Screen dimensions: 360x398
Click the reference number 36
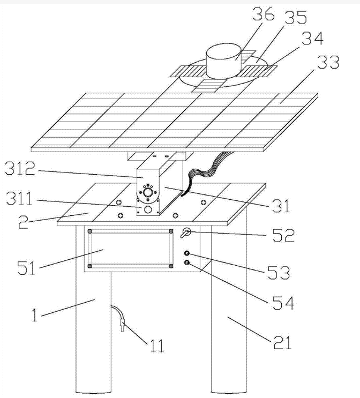click(263, 14)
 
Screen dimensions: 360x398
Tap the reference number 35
click(296, 17)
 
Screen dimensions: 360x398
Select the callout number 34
click(312, 39)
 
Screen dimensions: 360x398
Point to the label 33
click(328, 62)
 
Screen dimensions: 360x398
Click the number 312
click(20, 168)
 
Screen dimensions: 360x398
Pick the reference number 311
click(20, 198)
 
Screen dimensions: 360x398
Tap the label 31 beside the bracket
click(281, 206)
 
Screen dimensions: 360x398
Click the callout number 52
click(283, 235)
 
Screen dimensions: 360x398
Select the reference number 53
click(279, 272)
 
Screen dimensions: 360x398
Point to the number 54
click(283, 303)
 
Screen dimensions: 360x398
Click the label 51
click(26, 268)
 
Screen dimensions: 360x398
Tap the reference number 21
click(282, 342)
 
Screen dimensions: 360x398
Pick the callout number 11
click(157, 346)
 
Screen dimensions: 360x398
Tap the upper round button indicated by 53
click(187, 253)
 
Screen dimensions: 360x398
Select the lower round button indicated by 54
click(187, 262)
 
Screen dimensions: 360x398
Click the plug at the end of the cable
click(122, 325)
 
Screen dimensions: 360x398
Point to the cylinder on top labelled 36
click(223, 61)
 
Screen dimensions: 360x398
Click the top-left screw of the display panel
click(89, 231)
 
